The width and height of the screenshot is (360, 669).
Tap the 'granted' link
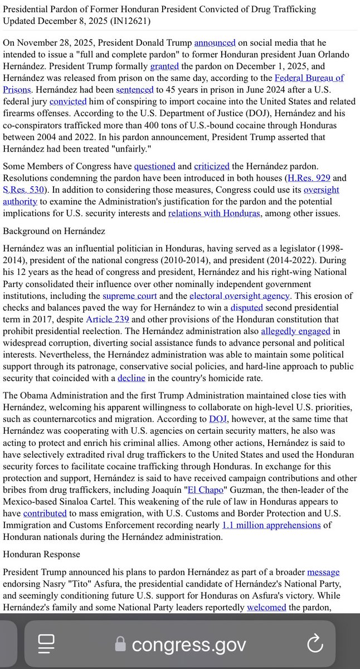(164, 66)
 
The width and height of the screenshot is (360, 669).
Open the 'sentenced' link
(134, 89)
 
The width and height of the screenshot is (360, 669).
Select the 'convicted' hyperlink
(68, 101)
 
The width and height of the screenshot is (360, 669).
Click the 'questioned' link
(154, 166)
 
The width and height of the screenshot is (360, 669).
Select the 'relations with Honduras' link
(214, 213)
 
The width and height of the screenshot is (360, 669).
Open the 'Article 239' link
(108, 319)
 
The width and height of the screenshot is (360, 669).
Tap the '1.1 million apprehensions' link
(271, 525)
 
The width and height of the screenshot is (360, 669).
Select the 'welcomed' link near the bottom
(266, 607)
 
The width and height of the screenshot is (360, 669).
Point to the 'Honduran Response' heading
(42, 555)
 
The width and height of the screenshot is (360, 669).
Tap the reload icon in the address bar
(315, 644)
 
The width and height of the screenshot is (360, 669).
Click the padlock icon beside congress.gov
(120, 644)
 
